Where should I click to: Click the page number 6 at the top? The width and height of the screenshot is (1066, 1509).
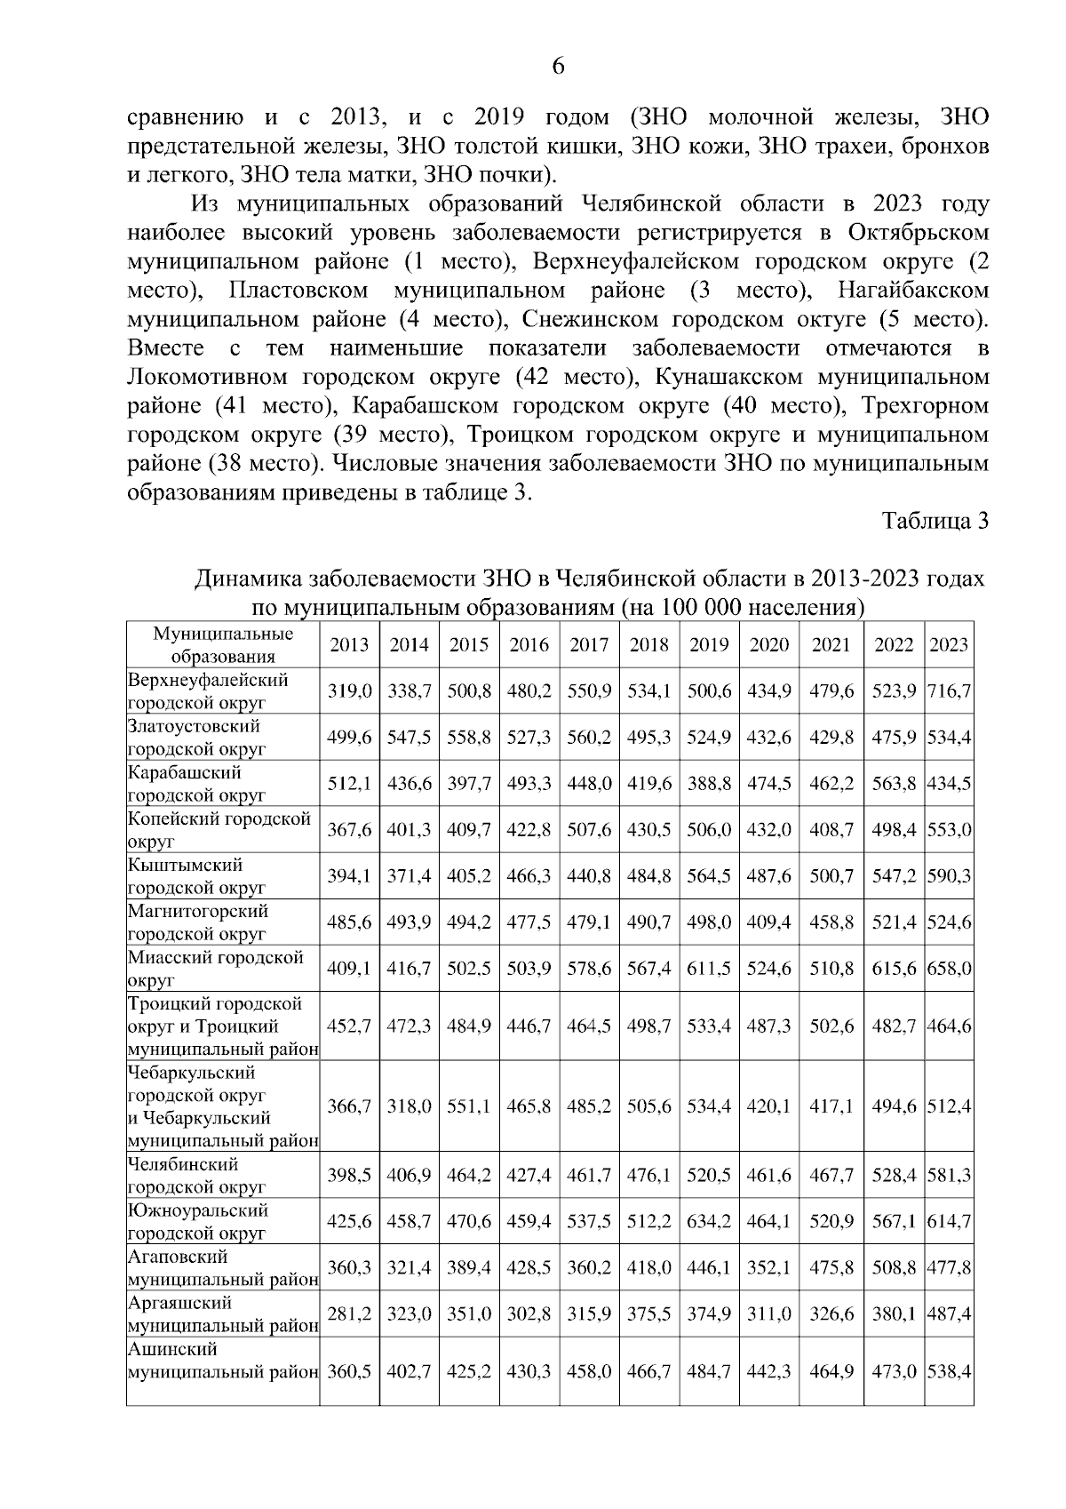pos(559,67)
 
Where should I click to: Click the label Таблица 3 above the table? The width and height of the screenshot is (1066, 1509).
pos(935,521)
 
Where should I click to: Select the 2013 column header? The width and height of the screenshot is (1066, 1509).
pos(349,645)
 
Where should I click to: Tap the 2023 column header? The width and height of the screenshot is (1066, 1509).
pos(948,645)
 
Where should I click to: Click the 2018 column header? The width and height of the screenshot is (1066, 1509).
pos(648,645)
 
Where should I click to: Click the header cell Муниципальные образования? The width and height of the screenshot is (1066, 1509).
pos(223,645)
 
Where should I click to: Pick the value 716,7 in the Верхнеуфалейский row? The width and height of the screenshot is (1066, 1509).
pos(949,691)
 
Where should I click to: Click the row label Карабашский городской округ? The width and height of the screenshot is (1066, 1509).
pos(197,784)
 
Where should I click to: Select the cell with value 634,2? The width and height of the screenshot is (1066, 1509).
pos(709,1222)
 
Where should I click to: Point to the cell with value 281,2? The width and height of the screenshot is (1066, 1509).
pos(349,1314)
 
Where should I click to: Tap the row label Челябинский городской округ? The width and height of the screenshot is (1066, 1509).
pos(197,1175)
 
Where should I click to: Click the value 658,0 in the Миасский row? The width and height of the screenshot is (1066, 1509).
pos(949,969)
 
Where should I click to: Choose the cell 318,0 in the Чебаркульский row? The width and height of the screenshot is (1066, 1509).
pos(409,1106)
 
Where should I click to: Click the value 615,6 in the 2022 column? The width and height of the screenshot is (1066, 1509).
pos(894,969)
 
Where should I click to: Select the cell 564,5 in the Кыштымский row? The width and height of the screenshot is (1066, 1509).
pos(709,876)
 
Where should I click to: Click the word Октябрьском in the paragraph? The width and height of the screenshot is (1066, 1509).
pos(919,234)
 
